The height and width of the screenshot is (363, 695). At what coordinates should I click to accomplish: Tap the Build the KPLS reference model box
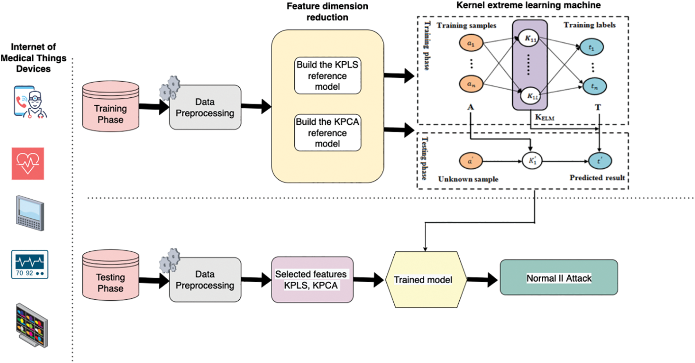[x=328, y=75]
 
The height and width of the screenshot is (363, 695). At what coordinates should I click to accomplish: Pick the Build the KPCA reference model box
[x=328, y=132]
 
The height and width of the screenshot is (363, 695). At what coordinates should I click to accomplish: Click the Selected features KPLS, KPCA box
[x=312, y=280]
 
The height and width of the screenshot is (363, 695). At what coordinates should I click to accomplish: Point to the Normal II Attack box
[x=559, y=277]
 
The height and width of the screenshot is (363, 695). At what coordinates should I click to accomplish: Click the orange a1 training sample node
[x=471, y=43]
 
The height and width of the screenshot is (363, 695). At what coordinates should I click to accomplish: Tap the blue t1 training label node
[x=591, y=47]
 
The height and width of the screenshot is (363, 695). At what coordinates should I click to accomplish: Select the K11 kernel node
[x=529, y=38]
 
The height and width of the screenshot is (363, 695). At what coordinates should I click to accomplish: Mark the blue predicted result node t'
[x=599, y=161]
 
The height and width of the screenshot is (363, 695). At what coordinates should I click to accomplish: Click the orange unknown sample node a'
[x=471, y=161]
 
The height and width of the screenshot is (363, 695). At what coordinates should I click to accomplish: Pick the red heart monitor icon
[x=28, y=163]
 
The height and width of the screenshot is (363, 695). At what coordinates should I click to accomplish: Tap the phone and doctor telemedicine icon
[x=30, y=102]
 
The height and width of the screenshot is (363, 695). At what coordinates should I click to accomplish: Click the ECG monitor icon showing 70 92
[x=30, y=264]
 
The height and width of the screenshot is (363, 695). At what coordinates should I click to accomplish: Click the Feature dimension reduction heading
[x=327, y=12]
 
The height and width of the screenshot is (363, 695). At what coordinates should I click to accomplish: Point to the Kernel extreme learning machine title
[x=528, y=5]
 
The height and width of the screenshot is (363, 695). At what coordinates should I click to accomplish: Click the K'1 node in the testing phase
[x=532, y=161]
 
